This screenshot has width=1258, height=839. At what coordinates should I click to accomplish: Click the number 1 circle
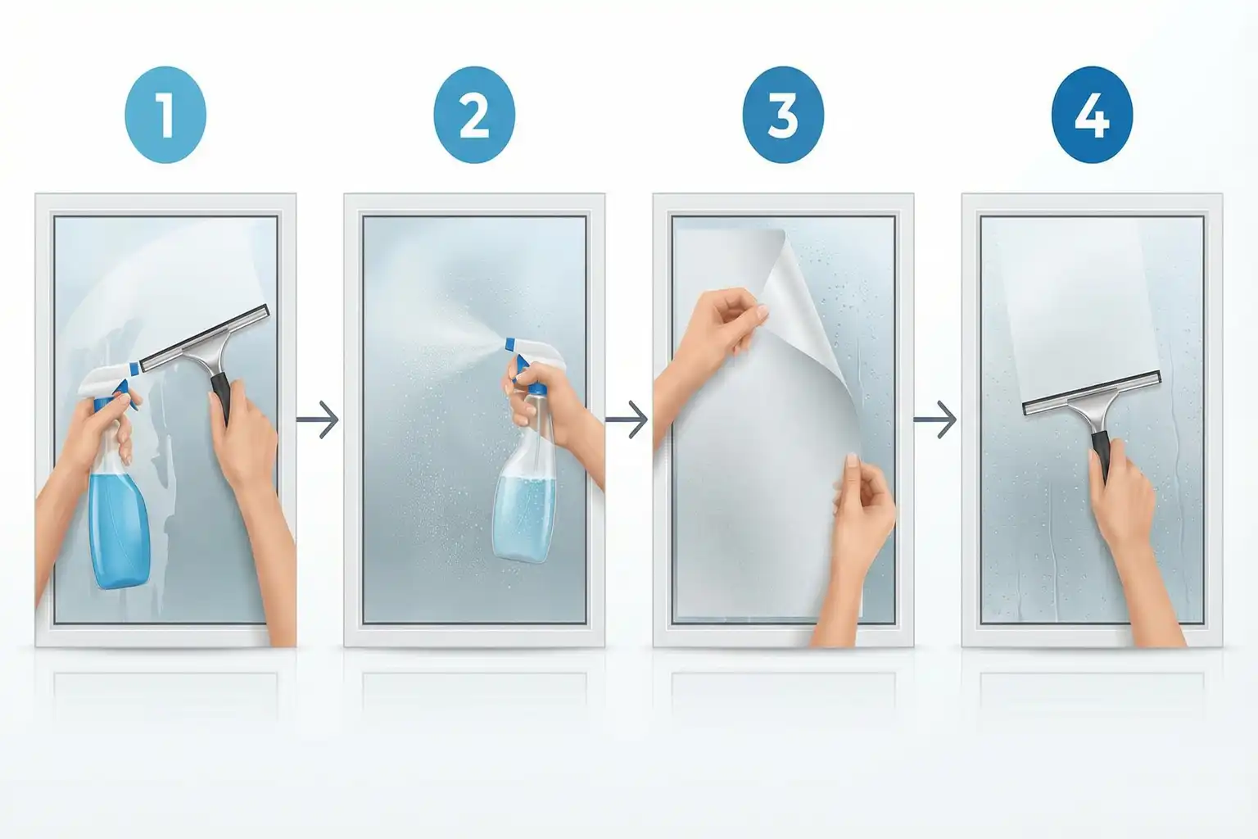[165, 116]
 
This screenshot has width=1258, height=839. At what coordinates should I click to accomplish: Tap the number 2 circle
[474, 116]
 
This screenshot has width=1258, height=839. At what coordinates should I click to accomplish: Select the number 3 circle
[783, 116]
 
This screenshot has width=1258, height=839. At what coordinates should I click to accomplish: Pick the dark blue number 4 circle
[1092, 116]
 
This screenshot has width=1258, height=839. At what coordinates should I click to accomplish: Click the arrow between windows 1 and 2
[318, 419]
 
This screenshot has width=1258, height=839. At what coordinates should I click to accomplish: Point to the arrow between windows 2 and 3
[627, 419]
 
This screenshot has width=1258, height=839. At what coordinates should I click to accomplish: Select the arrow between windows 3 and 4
[935, 419]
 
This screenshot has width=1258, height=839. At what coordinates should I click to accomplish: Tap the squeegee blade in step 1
[205, 338]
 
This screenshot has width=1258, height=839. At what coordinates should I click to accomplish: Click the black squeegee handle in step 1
[222, 397]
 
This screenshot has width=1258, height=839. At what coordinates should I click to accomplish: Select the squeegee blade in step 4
[1092, 392]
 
